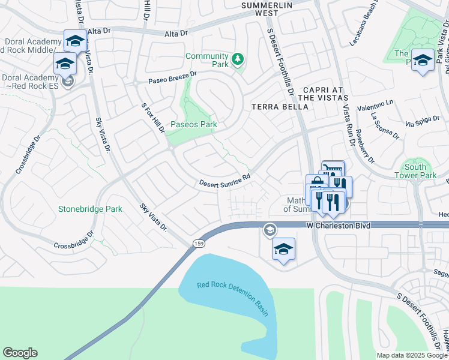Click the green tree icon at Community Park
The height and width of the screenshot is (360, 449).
[x=238, y=59]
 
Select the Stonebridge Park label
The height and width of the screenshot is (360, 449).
[x=90, y=209]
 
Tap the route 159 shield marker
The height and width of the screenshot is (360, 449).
[x=197, y=242]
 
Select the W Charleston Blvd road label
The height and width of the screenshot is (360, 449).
[x=339, y=226]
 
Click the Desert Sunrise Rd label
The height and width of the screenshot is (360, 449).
[x=224, y=181]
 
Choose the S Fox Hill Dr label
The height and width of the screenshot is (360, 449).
[x=153, y=118]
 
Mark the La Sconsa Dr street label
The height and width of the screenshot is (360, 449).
[x=385, y=125]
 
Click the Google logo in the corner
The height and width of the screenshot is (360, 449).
[x=20, y=353]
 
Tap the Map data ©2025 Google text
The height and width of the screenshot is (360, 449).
[x=412, y=355]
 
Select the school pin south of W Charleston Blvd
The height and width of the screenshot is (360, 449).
[x=284, y=249]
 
